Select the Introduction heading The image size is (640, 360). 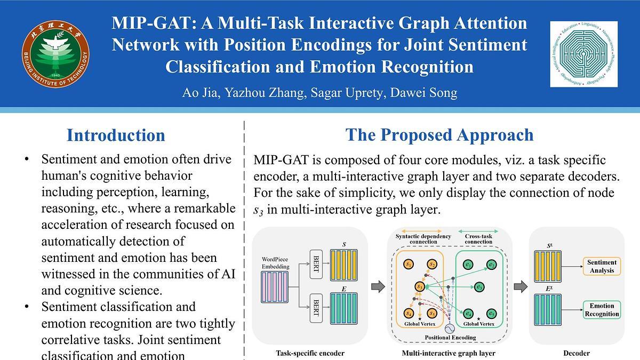pyautogui.click(x=116, y=135)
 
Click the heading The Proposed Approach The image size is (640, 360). pyautogui.click(x=439, y=135)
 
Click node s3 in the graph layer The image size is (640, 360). pyautogui.click(x=420, y=287)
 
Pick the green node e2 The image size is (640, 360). pyautogui.click(x=491, y=264)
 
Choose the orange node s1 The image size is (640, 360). pyautogui.click(x=409, y=264)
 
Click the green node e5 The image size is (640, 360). pyautogui.click(x=492, y=314)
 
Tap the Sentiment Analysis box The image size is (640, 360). pyautogui.click(x=602, y=266)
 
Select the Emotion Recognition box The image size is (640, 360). pyautogui.click(x=602, y=310)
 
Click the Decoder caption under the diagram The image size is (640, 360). pyautogui.click(x=577, y=353)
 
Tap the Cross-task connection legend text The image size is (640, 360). pyautogui.click(x=478, y=239)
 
